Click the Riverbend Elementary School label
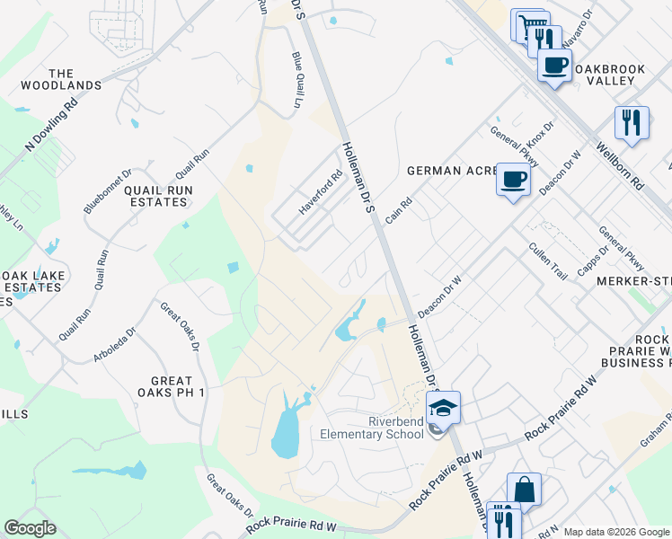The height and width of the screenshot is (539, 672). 372,429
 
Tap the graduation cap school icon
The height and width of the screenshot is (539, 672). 443,407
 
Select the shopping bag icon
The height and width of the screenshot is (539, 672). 524,490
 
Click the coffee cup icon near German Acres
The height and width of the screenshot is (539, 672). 513,180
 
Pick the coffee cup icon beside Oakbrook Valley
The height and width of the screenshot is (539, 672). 554,64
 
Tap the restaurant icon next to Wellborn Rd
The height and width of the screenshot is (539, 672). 632,122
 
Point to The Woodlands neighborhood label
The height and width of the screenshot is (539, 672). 62,79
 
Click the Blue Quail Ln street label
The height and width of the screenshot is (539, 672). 297,80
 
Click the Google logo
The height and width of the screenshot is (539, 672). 30,528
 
